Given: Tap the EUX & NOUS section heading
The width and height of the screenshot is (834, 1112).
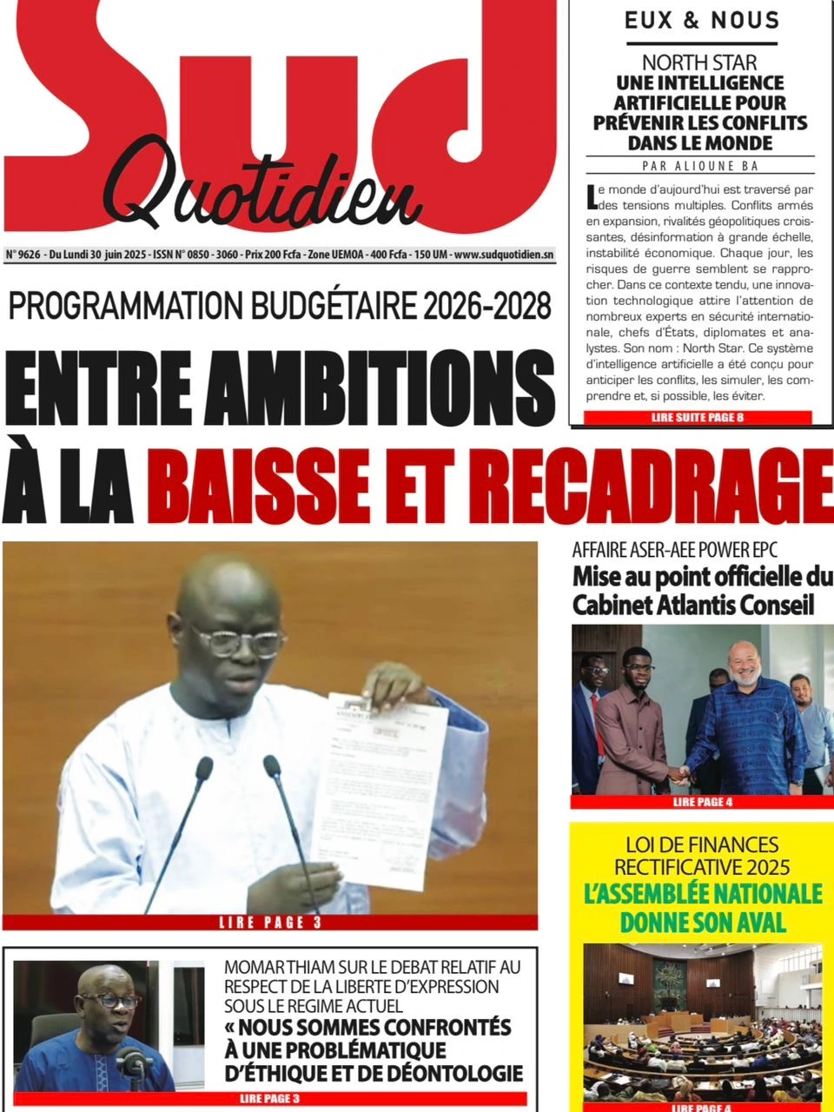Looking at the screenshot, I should [x=701, y=20].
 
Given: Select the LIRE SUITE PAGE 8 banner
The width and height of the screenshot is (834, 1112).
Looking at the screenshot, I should [x=697, y=418].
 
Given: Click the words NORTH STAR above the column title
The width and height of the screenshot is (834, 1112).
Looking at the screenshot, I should [x=699, y=63].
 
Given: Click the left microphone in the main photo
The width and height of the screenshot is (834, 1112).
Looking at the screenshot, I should [x=202, y=770].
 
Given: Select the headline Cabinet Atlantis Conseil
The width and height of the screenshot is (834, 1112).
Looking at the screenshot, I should [x=693, y=606].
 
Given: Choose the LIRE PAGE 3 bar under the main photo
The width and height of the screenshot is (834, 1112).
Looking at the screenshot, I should [x=270, y=923].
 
